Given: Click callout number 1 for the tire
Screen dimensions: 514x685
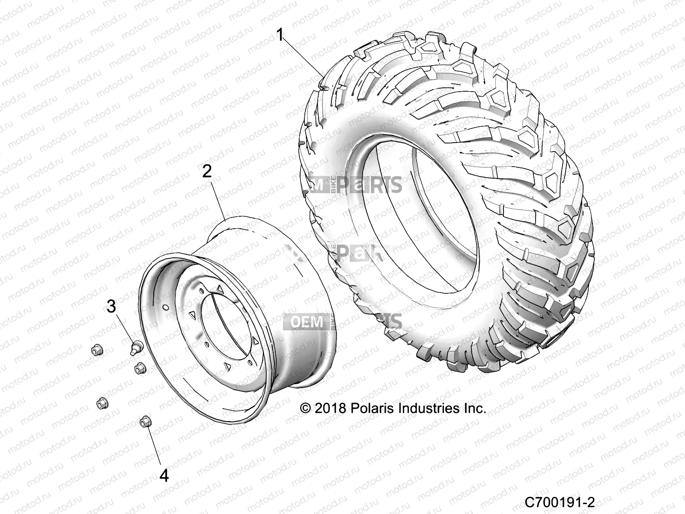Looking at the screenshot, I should [x=280, y=34].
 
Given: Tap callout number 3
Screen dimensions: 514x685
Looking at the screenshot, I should [x=111, y=306].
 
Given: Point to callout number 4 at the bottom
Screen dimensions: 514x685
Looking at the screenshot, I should [x=164, y=475].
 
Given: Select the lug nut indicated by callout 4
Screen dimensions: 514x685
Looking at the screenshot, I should [x=144, y=422].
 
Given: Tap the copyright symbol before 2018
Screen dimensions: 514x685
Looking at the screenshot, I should [x=305, y=408].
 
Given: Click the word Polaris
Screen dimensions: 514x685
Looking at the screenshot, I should [x=371, y=408].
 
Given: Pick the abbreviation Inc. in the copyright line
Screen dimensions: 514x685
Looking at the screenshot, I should [x=474, y=408].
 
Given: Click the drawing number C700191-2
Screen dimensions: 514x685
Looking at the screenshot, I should [x=560, y=502].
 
